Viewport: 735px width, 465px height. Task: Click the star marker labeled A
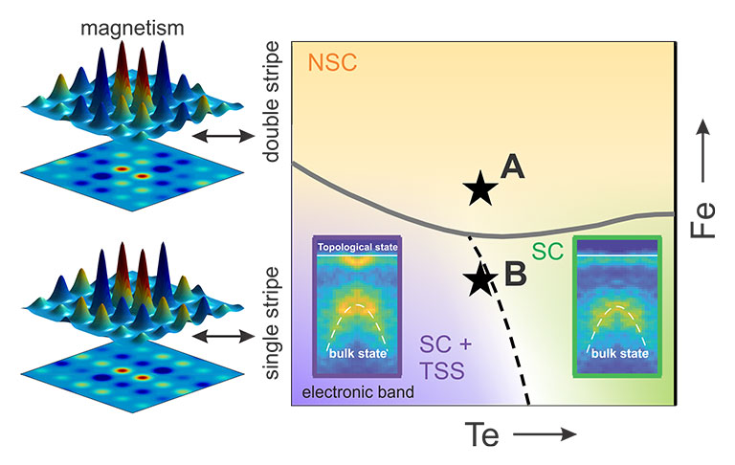pyautogui.click(x=480, y=189)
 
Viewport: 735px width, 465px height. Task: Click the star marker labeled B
pyautogui.click(x=480, y=278)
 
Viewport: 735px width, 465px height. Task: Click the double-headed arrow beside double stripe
pyautogui.click(x=217, y=138)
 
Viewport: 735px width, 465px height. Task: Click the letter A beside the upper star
pyautogui.click(x=513, y=168)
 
